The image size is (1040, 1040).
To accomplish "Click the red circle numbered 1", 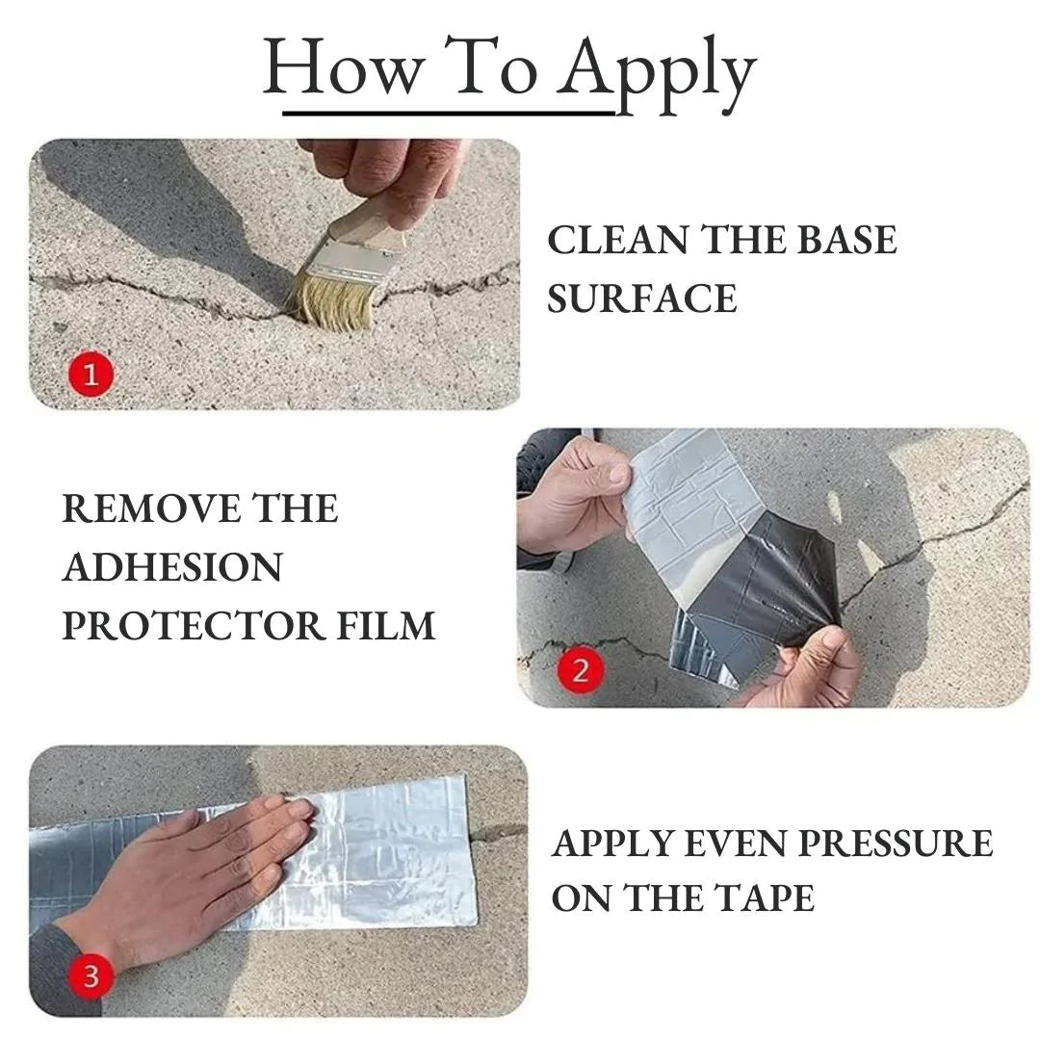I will tap(91, 375).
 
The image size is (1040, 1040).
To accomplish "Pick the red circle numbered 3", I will tap(91, 977).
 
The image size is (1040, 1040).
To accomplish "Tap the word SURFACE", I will tap(642, 299).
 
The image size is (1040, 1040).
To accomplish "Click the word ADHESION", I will tap(172, 567).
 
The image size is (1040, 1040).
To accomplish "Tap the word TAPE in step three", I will tap(765, 898).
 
